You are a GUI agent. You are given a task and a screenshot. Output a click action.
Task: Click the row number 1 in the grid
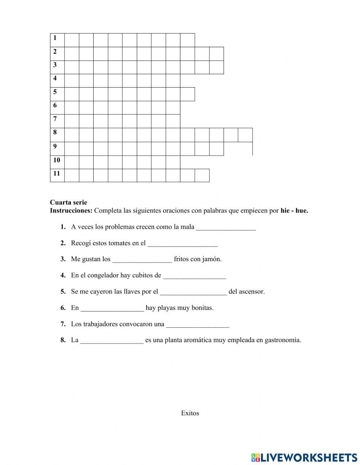click(x=55, y=38)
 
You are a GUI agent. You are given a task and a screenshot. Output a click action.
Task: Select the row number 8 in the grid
click(x=55, y=132)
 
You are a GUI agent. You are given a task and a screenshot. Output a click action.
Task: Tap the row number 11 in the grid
click(x=57, y=174)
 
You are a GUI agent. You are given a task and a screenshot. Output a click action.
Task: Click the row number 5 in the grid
click(x=55, y=92)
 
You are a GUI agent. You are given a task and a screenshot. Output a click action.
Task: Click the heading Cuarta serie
click(x=68, y=202)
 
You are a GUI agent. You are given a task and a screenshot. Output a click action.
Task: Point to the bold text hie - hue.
click(x=294, y=211)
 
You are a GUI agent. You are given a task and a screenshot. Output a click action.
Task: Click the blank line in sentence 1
click(x=226, y=228)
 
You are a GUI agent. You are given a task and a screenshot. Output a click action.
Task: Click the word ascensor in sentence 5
click(x=252, y=292)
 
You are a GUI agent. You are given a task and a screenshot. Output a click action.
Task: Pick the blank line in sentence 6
click(x=112, y=309)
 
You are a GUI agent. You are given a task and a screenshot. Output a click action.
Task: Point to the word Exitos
click(x=190, y=413)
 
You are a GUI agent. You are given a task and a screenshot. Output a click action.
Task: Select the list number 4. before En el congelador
click(x=63, y=276)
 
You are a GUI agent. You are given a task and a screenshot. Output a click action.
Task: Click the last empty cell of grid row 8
click(x=245, y=135)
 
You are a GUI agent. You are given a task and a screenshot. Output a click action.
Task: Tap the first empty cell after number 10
click(x=72, y=162)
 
